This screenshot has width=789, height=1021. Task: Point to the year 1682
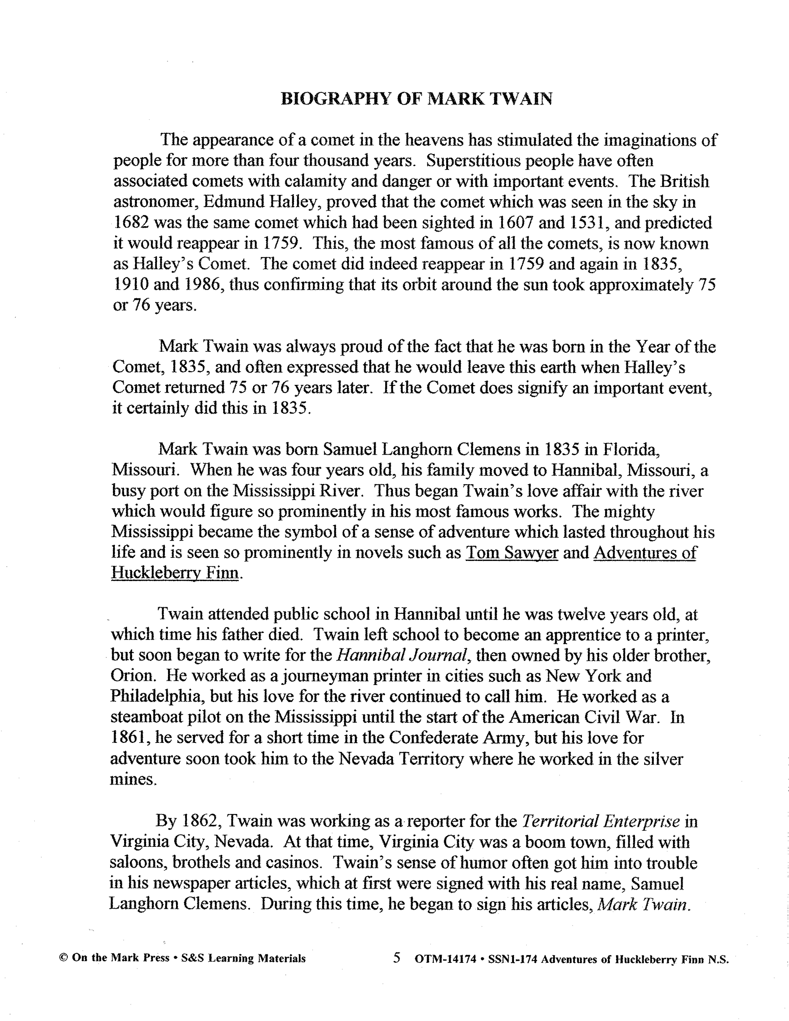pyautogui.click(x=131, y=223)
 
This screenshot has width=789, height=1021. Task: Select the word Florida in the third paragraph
pyautogui.click(x=631, y=449)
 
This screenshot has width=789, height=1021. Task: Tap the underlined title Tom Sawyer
pyautogui.click(x=512, y=552)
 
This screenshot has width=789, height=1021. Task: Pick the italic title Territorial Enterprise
pyautogui.click(x=600, y=821)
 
